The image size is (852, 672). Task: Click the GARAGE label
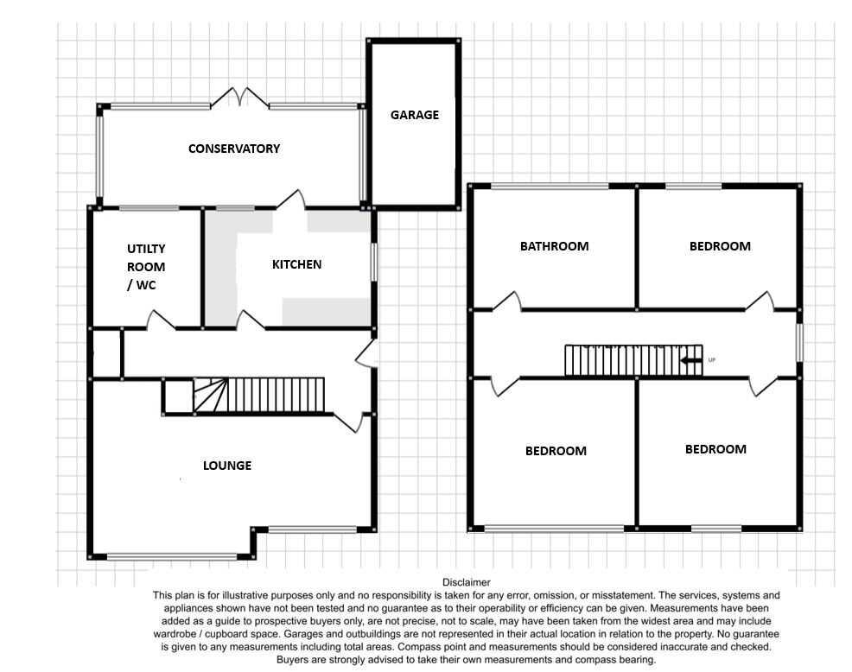click(414, 115)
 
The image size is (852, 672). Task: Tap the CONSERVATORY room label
click(234, 149)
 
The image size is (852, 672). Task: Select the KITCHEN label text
click(296, 264)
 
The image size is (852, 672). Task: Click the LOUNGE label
click(227, 466)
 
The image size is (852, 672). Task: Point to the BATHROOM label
click(554, 246)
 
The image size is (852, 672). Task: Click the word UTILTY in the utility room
click(146, 249)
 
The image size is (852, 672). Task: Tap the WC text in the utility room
click(146, 285)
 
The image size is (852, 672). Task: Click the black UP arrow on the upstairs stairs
click(690, 360)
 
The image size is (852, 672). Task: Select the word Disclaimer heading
click(466, 582)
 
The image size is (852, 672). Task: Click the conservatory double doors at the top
click(239, 96)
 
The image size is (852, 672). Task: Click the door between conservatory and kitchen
click(292, 199)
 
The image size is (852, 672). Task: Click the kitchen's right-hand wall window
click(373, 261)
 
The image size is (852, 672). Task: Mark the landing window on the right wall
click(799, 342)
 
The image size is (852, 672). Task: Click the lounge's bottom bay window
click(172, 556)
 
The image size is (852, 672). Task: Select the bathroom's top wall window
click(550, 187)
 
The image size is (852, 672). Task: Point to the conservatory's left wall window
click(99, 156)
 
